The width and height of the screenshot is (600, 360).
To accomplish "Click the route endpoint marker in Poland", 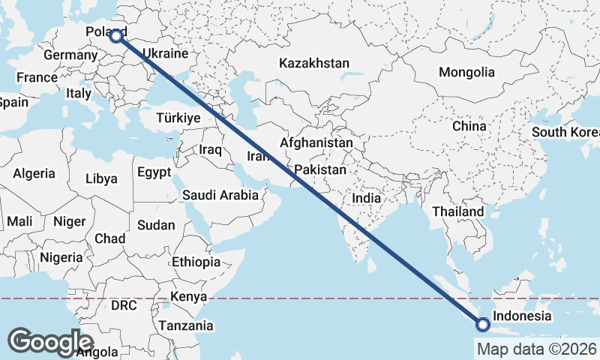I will click(x=116, y=35).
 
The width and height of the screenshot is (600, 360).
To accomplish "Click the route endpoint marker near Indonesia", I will click(x=482, y=325).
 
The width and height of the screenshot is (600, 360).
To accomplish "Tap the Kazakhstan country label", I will click(x=313, y=63).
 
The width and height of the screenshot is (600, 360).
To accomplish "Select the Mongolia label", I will click(x=466, y=72).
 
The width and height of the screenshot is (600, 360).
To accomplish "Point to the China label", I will click(x=469, y=126).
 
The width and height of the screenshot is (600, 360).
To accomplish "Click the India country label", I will click(x=367, y=199).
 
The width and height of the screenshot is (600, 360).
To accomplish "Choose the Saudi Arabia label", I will click(x=220, y=195).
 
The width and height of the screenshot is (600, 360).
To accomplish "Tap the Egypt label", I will click(x=154, y=172).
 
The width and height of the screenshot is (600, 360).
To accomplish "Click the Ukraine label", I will click(x=164, y=54).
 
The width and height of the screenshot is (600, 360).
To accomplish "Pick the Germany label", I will click(x=67, y=55).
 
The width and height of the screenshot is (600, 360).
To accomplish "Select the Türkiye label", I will click(x=178, y=118).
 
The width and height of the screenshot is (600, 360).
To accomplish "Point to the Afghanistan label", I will click(x=316, y=142).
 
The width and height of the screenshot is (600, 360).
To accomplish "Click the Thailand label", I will click(x=457, y=212).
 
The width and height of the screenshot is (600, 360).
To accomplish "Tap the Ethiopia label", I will click(x=196, y=262).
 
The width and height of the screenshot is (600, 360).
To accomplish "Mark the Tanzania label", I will click(x=184, y=325).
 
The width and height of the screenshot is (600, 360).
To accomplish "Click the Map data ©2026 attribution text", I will click(x=536, y=349).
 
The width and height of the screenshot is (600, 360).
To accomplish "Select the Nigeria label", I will click(x=61, y=257).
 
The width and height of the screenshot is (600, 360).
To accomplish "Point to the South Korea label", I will click(x=566, y=133).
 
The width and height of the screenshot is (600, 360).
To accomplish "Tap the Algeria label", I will click(x=34, y=173).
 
